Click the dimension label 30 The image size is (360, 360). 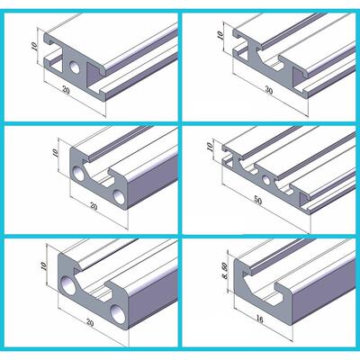pos(269,90)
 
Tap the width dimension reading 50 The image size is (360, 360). pos(258,201)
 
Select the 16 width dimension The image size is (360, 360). pos(260,319)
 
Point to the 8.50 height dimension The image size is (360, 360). pos(226,271)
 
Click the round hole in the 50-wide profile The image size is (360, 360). pos(265,180)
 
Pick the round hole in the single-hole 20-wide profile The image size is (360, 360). pos(75,67)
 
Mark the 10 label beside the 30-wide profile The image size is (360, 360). pos(220,35)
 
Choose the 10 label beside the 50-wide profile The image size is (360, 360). pos(210,147)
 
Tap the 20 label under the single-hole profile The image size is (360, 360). pos(66,89)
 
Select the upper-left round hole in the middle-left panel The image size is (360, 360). pos(79,175)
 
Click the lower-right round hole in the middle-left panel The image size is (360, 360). pos(119,197)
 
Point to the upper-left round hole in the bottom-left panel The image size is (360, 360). pos(68,284)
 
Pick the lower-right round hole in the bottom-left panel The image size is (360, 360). pos(117,313)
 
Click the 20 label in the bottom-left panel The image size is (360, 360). pos(90,322)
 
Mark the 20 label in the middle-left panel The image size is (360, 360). pos(94,206)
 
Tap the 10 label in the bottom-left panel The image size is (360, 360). pos(44,265)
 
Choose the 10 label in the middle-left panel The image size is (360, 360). pos(55,153)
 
